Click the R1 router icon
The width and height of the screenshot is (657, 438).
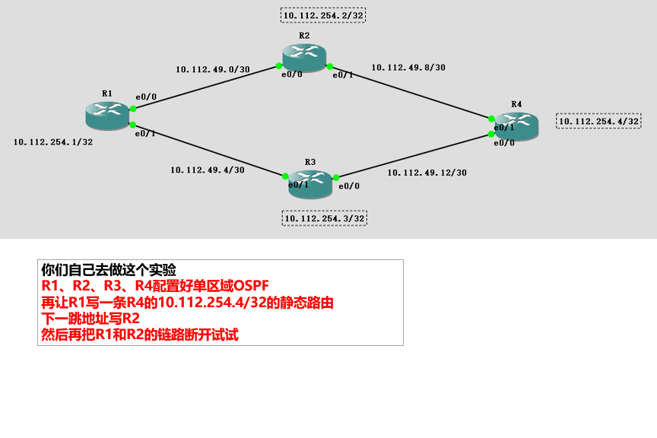pyautogui.click(x=107, y=114)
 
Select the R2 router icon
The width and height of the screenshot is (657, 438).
pyautogui.click(x=303, y=57)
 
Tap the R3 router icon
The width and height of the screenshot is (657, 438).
pyautogui.click(x=310, y=183)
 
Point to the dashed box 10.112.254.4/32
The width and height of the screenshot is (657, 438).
pyautogui.click(x=598, y=121)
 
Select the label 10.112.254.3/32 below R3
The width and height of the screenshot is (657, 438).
pyautogui.click(x=324, y=219)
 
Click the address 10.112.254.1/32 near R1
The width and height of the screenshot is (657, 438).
pyautogui.click(x=53, y=142)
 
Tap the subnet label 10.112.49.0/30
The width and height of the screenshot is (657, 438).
pyautogui.click(x=212, y=69)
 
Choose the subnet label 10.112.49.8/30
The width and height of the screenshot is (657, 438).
pyautogui.click(x=408, y=68)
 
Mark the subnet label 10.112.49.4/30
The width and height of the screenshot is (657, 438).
pyautogui.click(x=207, y=170)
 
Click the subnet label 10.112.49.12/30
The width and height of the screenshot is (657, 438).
pyautogui.click(x=427, y=173)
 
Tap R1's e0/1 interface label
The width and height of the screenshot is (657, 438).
pyautogui.click(x=145, y=134)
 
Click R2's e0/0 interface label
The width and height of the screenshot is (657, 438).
pyautogui.click(x=292, y=75)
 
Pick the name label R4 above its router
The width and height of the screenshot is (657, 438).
pyautogui.click(x=516, y=103)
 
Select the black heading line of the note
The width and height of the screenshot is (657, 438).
pyautogui.click(x=109, y=269)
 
